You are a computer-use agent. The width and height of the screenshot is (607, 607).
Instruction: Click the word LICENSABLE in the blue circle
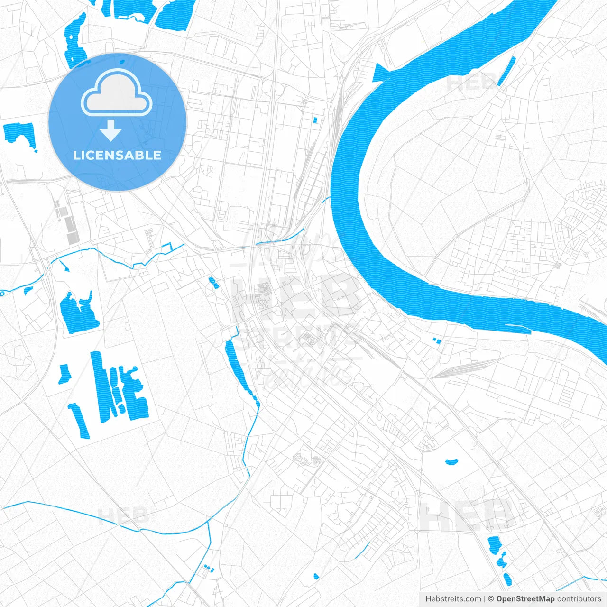tap(117, 155)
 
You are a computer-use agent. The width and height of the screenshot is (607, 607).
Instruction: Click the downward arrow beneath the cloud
tap(111, 130)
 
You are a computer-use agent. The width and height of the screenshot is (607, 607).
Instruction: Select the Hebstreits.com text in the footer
tap(453, 599)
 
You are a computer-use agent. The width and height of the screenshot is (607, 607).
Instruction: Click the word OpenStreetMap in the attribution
tap(525, 599)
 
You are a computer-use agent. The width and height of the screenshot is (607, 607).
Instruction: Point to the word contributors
tap(579, 599)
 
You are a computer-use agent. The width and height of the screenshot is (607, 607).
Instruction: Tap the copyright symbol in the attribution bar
tap(491, 599)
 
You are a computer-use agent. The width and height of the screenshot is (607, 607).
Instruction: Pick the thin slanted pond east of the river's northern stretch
tap(506, 71)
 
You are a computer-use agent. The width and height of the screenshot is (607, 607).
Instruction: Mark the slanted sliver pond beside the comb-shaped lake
tap(79, 420)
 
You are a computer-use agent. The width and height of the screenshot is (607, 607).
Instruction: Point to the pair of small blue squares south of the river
tap(436, 340)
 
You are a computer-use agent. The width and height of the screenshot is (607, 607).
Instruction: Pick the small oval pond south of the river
tap(451, 460)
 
